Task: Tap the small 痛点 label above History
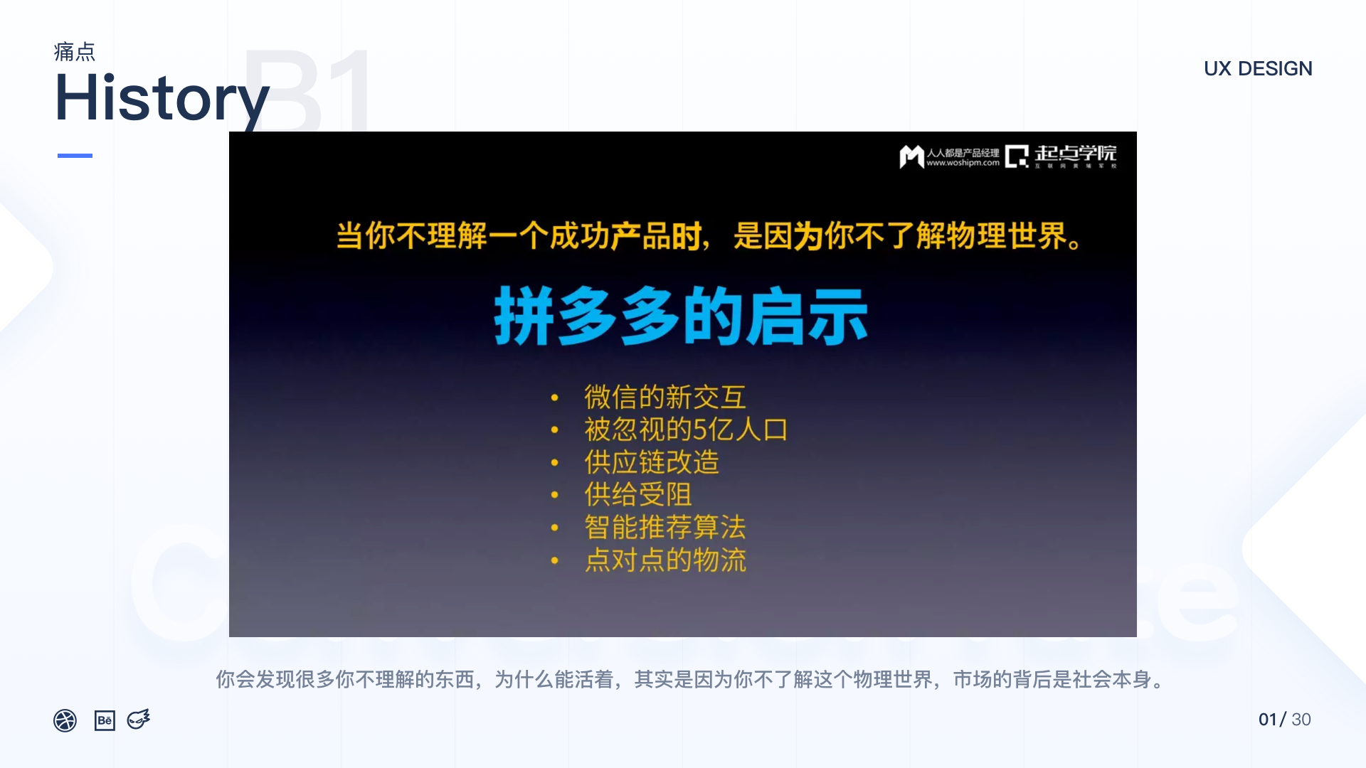tap(75, 52)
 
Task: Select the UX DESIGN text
tap(1258, 69)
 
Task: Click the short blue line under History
tap(75, 155)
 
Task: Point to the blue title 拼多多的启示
tap(681, 316)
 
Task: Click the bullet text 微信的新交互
tap(665, 397)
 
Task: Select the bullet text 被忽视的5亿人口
tap(686, 430)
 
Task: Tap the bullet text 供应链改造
tap(651, 462)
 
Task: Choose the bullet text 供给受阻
tap(637, 494)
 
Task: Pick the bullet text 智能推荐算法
tap(665, 527)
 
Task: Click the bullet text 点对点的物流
tap(665, 560)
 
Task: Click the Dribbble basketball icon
tap(65, 720)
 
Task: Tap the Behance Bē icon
tap(105, 720)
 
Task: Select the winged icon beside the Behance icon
tap(139, 720)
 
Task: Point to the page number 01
tap(1267, 720)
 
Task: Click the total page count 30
tap(1301, 720)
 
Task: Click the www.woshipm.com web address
tap(963, 163)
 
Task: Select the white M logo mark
tap(911, 156)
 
